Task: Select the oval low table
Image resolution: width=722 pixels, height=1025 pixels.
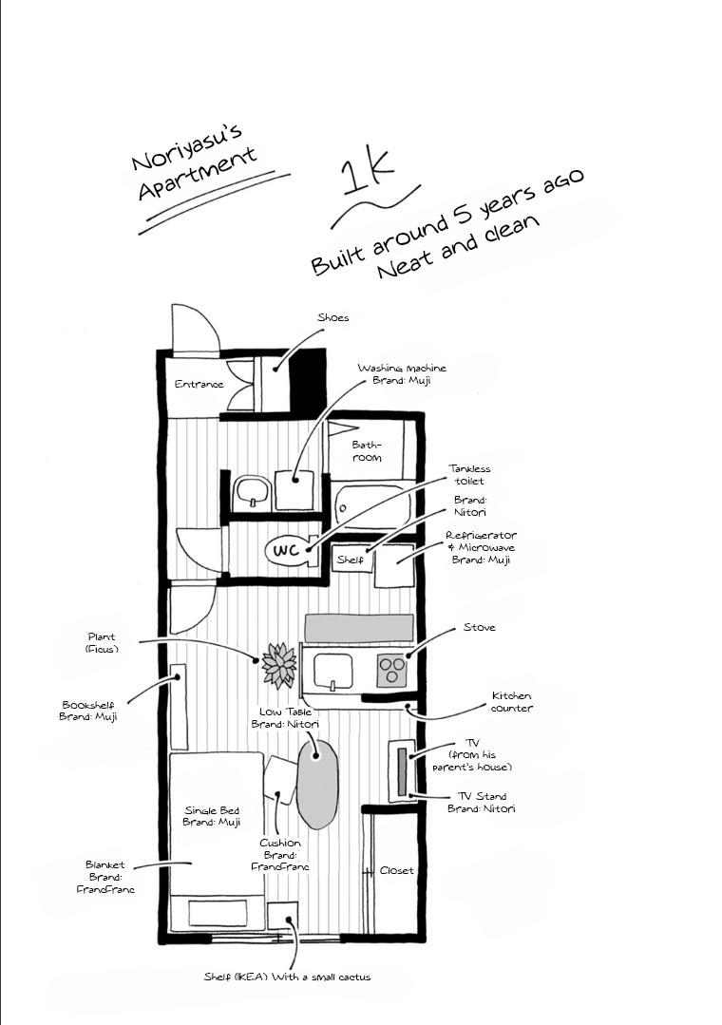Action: click(318, 784)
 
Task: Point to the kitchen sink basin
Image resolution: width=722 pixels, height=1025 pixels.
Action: click(333, 672)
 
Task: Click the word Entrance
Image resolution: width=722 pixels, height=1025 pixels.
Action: click(199, 385)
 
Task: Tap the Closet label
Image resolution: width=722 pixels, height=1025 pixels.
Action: click(396, 871)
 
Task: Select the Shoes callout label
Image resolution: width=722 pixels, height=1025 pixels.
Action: click(332, 317)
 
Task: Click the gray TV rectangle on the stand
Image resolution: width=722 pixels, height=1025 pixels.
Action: click(402, 771)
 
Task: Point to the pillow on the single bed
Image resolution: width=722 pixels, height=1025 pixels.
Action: click(218, 913)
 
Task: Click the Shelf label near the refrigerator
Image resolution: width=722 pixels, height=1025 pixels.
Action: click(350, 560)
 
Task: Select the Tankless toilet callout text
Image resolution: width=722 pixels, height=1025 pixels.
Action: click(469, 475)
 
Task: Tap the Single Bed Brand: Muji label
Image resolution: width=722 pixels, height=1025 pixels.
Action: click(212, 816)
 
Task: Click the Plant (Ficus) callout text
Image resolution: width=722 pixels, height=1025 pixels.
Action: click(102, 643)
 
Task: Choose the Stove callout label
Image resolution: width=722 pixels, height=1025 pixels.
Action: click(480, 628)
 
